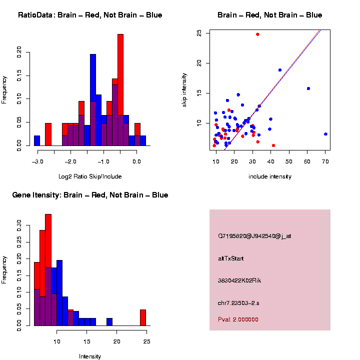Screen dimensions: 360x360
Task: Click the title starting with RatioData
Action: click(90, 15)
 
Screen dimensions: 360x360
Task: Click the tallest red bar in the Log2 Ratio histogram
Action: click(120, 90)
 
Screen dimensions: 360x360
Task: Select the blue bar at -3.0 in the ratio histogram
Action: click(37, 141)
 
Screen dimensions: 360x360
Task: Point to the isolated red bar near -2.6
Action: click(48, 134)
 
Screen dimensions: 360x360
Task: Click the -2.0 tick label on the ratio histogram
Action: click(70, 161)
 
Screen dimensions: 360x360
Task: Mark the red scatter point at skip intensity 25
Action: click(257, 34)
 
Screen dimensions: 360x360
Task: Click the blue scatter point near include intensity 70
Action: click(325, 134)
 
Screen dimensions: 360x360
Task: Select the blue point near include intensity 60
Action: click(308, 88)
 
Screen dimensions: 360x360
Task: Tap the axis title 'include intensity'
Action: click(270, 176)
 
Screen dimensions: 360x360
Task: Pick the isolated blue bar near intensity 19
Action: click(109, 322)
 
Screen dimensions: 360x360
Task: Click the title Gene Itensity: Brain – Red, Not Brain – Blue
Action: click(90, 195)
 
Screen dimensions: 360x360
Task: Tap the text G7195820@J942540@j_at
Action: click(254, 236)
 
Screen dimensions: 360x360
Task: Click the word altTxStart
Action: click(231, 258)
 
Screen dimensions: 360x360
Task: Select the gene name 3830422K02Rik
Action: click(239, 280)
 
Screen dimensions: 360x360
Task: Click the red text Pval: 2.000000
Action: click(238, 319)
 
